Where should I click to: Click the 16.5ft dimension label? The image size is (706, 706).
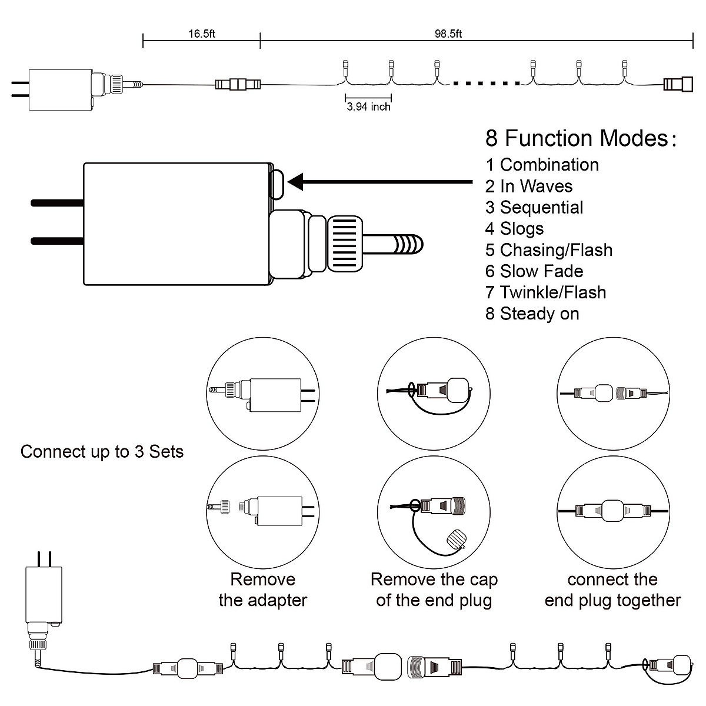(202, 34)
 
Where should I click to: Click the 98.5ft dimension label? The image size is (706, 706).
(448, 34)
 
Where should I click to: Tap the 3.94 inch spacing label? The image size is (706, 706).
(368, 107)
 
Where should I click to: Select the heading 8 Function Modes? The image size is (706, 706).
(580, 138)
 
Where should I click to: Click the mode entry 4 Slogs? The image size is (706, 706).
(514, 228)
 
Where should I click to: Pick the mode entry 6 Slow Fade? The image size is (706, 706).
(534, 271)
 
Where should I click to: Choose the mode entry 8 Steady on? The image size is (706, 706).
(532, 314)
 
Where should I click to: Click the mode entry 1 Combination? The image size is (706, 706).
(542, 165)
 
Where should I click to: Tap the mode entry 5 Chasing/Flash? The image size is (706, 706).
(548, 250)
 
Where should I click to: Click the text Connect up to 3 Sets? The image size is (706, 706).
(102, 452)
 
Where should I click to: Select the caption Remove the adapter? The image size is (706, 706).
(262, 590)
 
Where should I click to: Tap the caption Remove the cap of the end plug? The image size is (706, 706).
(434, 590)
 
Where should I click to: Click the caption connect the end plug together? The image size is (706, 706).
(612, 590)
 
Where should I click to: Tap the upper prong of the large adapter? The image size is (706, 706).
(57, 203)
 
